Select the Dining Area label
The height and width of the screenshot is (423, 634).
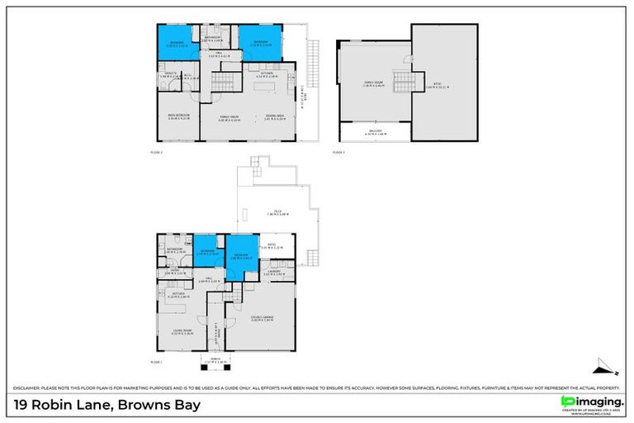[275, 117]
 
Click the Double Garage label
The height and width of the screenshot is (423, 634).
[262, 319]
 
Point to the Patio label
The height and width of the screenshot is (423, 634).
[272, 246]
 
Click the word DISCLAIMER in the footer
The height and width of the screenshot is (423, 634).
[27, 388]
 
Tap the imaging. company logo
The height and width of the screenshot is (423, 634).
[589, 402]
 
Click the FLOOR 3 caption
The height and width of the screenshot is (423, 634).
[338, 153]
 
